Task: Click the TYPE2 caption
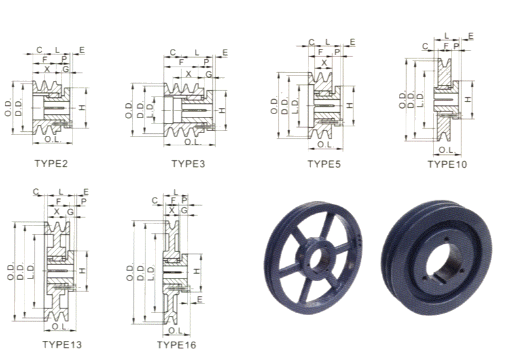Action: pos(51,164)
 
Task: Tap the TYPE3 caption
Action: pos(188,164)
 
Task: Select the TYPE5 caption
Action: pos(324,164)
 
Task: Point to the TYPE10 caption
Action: pos(447,164)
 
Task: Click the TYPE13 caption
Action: pos(63,344)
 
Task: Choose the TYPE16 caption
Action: pos(177,345)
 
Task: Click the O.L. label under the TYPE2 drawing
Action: pos(53,139)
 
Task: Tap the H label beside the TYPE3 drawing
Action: pos(222,111)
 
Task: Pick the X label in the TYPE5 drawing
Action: pos(324,62)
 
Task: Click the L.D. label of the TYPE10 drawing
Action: pos(420,101)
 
